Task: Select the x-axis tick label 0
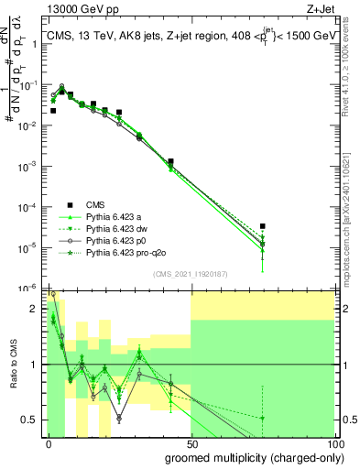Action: (x=49, y=443)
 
